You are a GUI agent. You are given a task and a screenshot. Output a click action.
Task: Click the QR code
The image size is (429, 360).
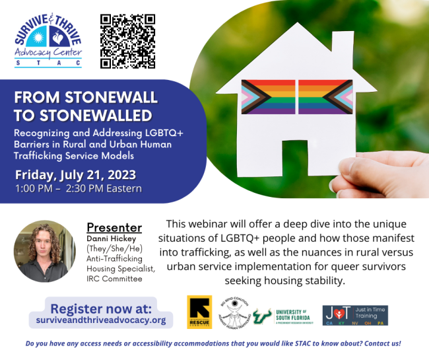tap(128, 41)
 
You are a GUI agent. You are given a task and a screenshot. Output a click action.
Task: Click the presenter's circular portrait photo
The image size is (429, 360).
tap(45, 251)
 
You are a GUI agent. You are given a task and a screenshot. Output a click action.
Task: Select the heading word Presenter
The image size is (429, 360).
tap(114, 227)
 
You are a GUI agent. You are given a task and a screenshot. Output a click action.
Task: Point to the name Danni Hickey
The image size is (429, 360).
tap(108, 238)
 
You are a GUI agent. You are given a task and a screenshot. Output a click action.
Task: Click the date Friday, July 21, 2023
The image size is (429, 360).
tap(76, 175)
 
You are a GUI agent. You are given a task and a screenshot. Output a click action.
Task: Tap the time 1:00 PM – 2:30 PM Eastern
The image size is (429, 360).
tap(78, 188)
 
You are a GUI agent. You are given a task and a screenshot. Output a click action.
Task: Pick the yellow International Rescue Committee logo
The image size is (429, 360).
tap(199, 312)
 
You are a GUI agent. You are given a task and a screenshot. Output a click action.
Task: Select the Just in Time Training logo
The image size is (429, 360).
tap(354, 315)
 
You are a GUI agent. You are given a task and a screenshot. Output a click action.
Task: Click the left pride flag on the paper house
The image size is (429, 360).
tap(268, 97)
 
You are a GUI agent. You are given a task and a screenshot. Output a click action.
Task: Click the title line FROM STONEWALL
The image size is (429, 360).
tap(86, 98)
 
